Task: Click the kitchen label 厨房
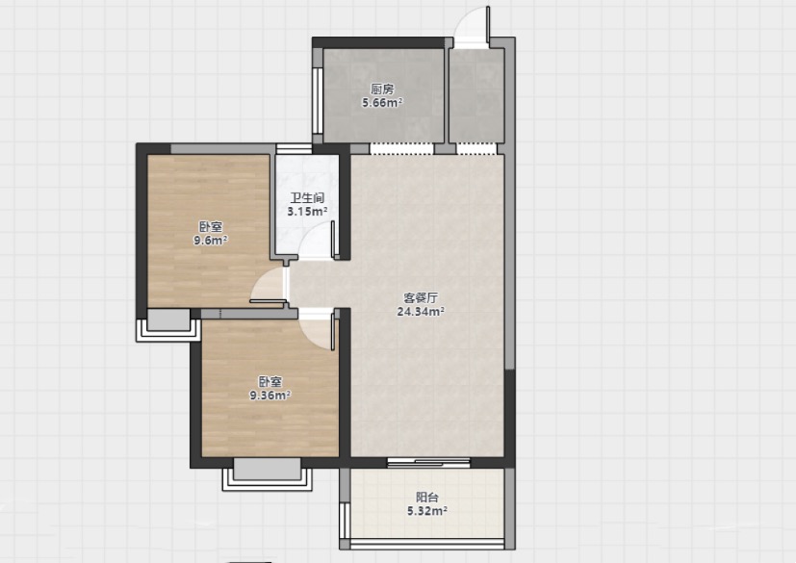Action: pyautogui.click(x=382, y=90)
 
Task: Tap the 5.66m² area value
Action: pyautogui.click(x=382, y=103)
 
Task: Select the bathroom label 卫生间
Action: pyautogui.click(x=307, y=198)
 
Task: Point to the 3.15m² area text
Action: pyautogui.click(x=307, y=211)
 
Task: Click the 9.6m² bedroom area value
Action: pyautogui.click(x=211, y=241)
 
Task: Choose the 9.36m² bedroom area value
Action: pyautogui.click(x=270, y=395)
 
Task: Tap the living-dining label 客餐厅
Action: pyautogui.click(x=421, y=298)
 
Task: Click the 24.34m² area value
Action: pyautogui.click(x=421, y=311)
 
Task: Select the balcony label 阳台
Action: pyautogui.click(x=427, y=498)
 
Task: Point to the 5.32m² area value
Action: pyautogui.click(x=427, y=511)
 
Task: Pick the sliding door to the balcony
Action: pyautogui.click(x=429, y=461)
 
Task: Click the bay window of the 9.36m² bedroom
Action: pyautogui.click(x=267, y=475)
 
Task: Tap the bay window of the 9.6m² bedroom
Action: pyautogui.click(x=167, y=325)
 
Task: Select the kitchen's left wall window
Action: pyautogui.click(x=318, y=100)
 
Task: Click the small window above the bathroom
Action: pyautogui.click(x=294, y=149)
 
